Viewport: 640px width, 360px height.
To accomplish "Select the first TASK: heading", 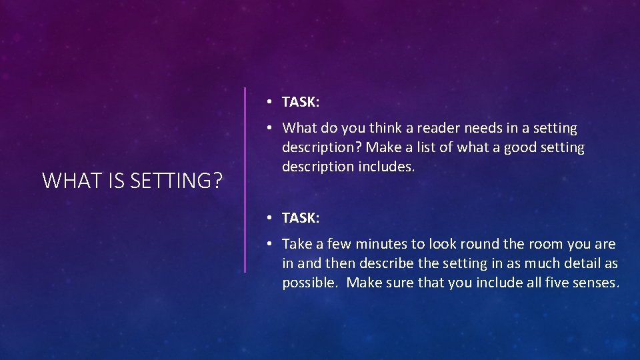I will (301, 102).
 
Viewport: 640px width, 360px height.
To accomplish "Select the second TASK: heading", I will (301, 218).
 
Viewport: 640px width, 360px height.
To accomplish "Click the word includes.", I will (387, 166).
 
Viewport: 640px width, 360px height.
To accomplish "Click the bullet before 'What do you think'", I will (267, 128).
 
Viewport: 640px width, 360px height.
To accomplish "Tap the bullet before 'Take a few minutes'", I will (267, 245).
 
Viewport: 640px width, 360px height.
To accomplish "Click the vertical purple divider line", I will (245, 180).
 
